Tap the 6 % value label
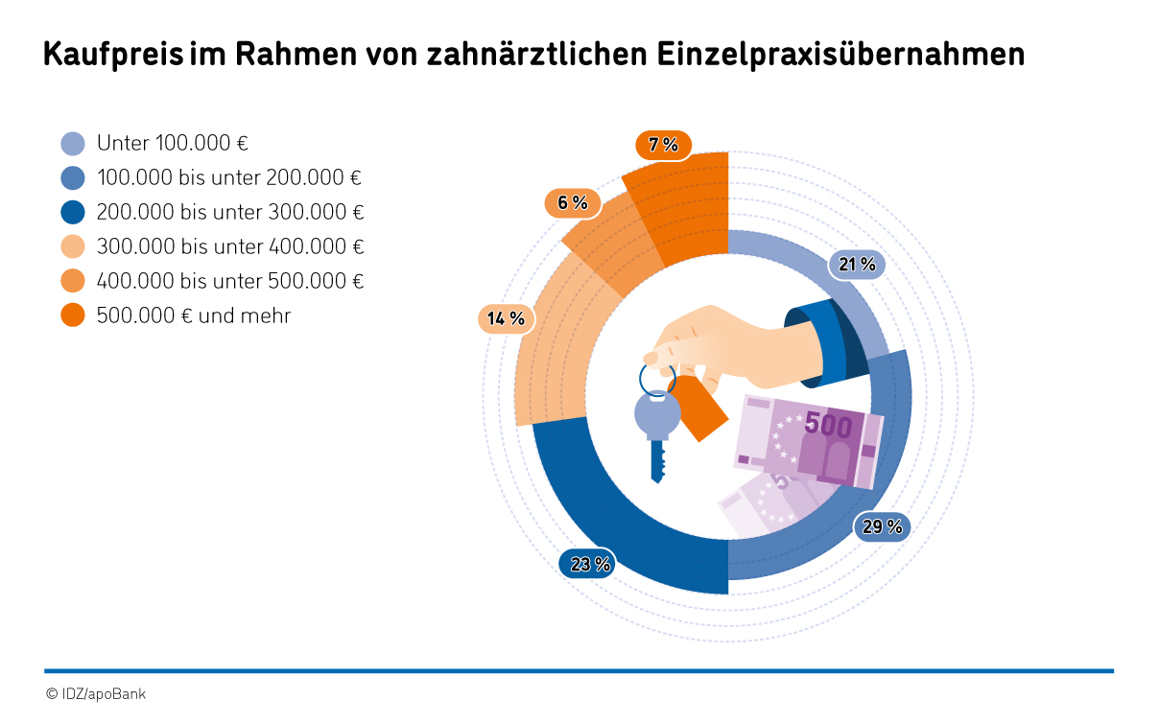point(573,202)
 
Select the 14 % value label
point(506,318)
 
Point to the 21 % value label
point(857,265)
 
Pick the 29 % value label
point(882,526)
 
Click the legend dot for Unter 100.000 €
point(73,144)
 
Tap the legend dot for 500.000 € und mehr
point(73,315)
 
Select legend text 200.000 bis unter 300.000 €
point(230,212)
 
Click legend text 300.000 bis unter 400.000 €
point(230,246)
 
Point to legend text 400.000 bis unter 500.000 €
point(230,281)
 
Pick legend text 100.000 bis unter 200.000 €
point(230,177)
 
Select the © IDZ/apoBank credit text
point(96,693)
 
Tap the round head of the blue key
point(657,415)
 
